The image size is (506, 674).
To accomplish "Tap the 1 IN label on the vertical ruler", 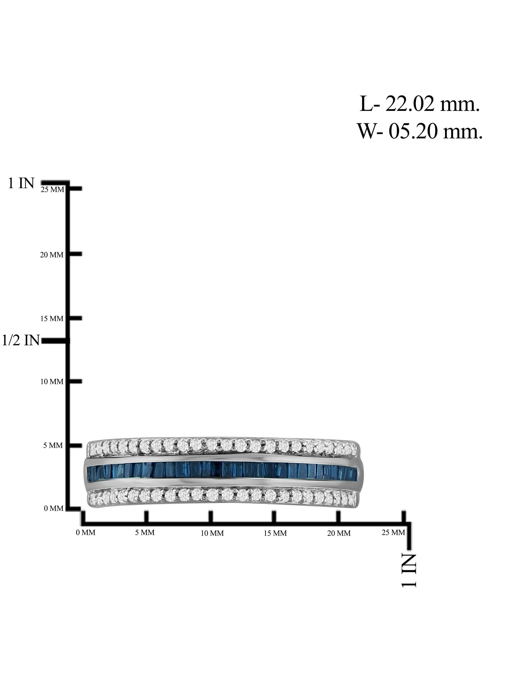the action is click(x=21, y=183).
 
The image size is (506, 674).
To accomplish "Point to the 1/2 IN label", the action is click(x=21, y=340).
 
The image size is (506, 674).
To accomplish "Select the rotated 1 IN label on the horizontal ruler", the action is click(x=409, y=571).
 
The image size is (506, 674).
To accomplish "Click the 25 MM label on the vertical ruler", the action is click(x=52, y=189).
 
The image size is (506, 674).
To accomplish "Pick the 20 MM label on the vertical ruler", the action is click(x=52, y=255).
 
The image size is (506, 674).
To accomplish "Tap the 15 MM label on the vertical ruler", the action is click(x=52, y=318).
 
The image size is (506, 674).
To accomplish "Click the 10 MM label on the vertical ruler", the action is click(x=52, y=381).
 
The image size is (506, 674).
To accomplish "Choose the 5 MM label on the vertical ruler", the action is click(x=53, y=446).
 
